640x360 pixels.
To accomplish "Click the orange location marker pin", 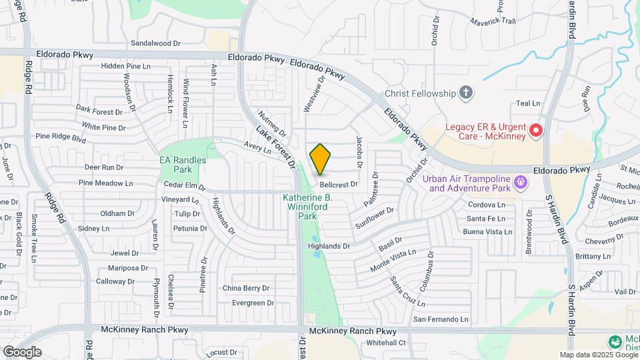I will point(321,159).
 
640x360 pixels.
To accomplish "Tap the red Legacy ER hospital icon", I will point(535,131).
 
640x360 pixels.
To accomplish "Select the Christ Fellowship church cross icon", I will point(467,93).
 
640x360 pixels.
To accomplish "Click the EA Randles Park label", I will point(183,165).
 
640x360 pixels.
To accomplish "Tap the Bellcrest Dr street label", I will point(339,184).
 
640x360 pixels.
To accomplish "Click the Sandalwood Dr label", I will point(156,43).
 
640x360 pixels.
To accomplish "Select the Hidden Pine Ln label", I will point(126,66).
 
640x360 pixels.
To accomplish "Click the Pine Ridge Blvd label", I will point(61,138).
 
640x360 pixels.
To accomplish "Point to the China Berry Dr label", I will point(246,289).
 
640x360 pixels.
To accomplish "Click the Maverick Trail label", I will point(494,21).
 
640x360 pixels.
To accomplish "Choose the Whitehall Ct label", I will point(387,343).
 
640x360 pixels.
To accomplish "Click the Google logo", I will point(22,352).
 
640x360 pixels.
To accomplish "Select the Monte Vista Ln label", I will point(393,262).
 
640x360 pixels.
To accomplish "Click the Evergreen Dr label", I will point(253,303).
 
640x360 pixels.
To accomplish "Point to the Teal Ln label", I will point(528,103).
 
